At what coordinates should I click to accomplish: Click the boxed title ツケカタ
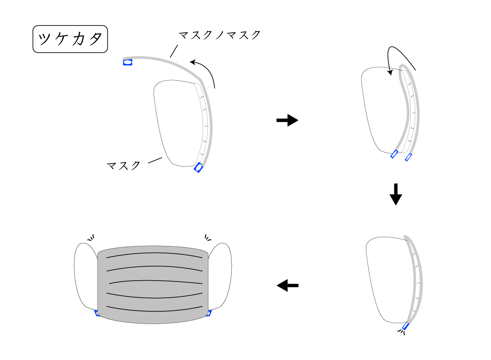pos(70,39)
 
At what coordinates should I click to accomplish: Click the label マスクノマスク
pos(220,35)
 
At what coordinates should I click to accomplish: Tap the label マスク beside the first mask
pos(124,165)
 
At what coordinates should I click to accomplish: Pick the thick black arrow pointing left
pos(287,286)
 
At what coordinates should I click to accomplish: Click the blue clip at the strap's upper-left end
pos(128,62)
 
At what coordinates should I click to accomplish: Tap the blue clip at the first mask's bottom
pos(199,168)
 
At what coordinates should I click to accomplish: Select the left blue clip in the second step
pos(394,154)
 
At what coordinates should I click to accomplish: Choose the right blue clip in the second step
pos(409,157)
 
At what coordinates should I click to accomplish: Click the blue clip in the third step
pos(405,327)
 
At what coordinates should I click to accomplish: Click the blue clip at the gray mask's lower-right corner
pos(209,313)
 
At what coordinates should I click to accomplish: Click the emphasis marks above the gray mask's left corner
pos(91,238)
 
